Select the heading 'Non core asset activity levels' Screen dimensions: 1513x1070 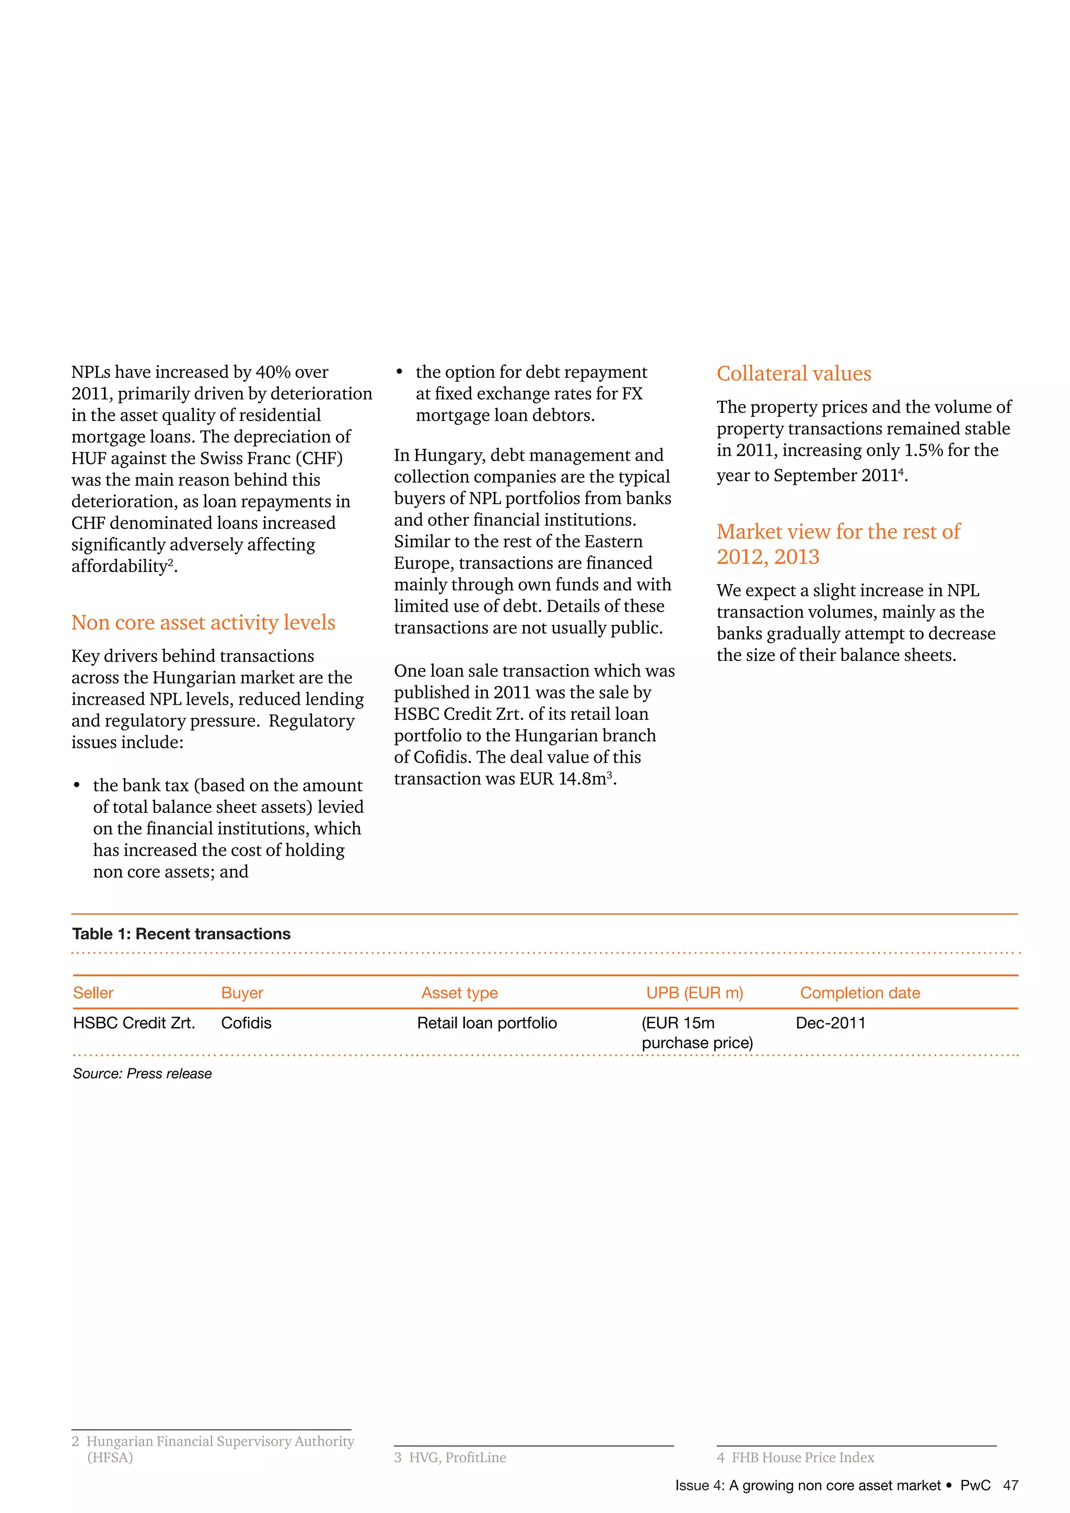coord(203,623)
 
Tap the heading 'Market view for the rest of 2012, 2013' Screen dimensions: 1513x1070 coord(838,544)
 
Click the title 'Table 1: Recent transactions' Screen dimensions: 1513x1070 coord(181,934)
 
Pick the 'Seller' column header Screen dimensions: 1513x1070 coord(93,993)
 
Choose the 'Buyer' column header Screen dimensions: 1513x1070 coord(242,993)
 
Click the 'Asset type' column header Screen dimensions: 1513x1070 coord(459,993)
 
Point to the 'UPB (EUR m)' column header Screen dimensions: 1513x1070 coord(694,993)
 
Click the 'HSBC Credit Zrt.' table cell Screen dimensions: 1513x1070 coord(134,1023)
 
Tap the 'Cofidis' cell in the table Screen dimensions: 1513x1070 coord(246,1023)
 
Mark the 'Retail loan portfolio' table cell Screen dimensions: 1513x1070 coord(487,1023)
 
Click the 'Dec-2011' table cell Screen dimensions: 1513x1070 coord(830,1023)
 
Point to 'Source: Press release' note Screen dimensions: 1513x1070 coord(142,1074)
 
